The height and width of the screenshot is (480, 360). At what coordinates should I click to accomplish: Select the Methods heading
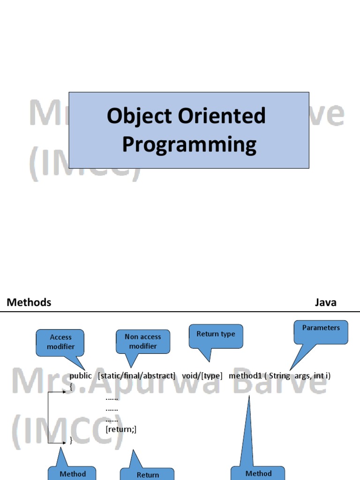pos(29,302)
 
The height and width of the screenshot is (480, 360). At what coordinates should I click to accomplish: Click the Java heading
pos(325,302)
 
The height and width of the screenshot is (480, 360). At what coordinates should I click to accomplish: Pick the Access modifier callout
pos(60,342)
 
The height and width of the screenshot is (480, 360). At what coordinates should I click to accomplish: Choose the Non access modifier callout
pos(142,341)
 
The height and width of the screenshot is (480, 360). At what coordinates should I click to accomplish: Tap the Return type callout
pos(216,334)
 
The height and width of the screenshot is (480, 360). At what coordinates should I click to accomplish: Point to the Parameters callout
pos(321,328)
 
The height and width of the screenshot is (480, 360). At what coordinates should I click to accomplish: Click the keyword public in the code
pos(81,376)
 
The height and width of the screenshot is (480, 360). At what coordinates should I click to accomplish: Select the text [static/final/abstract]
pos(136,376)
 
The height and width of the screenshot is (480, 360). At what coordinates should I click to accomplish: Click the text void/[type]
pos(202,376)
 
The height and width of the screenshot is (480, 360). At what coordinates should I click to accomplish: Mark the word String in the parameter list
pos(279,376)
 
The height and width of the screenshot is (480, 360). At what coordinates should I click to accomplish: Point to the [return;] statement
pos(121,429)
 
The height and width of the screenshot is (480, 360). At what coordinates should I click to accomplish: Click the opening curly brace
pos(71,387)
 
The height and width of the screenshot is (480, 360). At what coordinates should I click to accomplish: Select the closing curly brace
pos(71,441)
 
